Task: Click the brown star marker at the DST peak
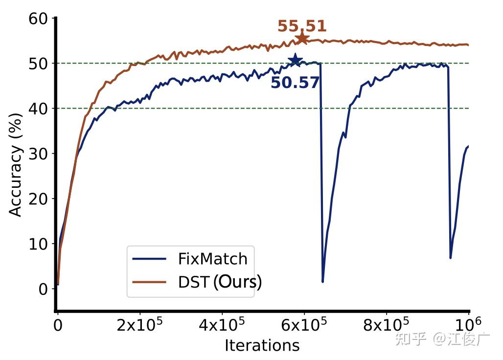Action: pos(302,38)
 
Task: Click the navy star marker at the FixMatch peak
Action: pos(295,60)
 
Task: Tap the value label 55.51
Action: pos(302,26)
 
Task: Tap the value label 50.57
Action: pos(295,83)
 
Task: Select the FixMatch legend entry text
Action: pos(212,258)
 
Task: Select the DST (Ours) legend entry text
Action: pos(220,282)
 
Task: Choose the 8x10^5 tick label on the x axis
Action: pos(386,325)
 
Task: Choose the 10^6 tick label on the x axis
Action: pos(468,324)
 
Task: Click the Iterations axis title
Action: pos(262,345)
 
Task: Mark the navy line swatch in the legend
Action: pos(150,259)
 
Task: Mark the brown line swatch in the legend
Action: pos(150,282)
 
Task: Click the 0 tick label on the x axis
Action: pos(58,325)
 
